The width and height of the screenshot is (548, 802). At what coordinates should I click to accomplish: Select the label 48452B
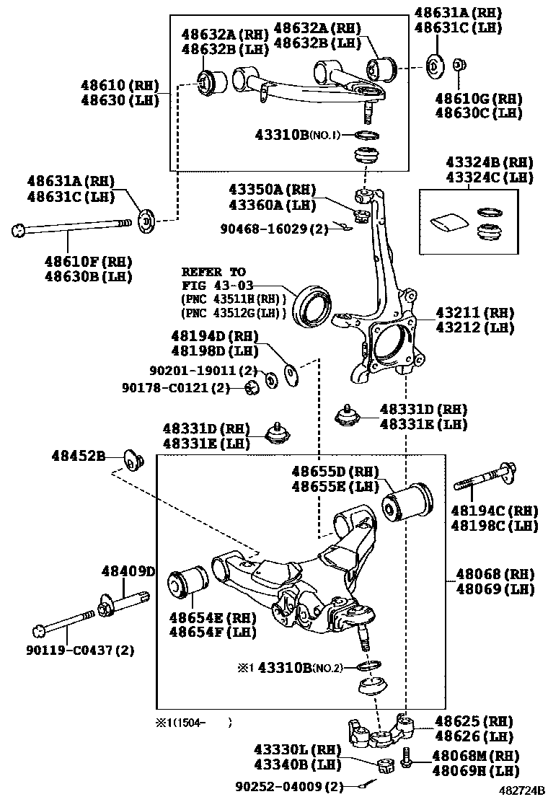tap(78, 456)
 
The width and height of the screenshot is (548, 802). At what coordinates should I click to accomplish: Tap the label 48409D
tap(128, 571)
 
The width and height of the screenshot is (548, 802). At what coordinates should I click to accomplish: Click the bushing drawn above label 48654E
tap(187, 583)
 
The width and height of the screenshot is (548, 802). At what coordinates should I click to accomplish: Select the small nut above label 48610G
tap(458, 66)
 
